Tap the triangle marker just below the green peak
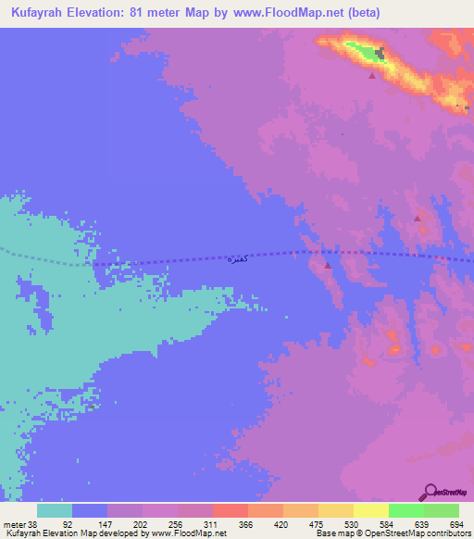click(372, 76)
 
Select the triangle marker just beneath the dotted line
click(328, 266)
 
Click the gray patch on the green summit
click(380, 53)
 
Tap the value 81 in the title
click(147, 13)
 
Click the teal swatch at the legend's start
click(55, 510)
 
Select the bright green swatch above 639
click(405, 510)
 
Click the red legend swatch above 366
click(230, 510)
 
